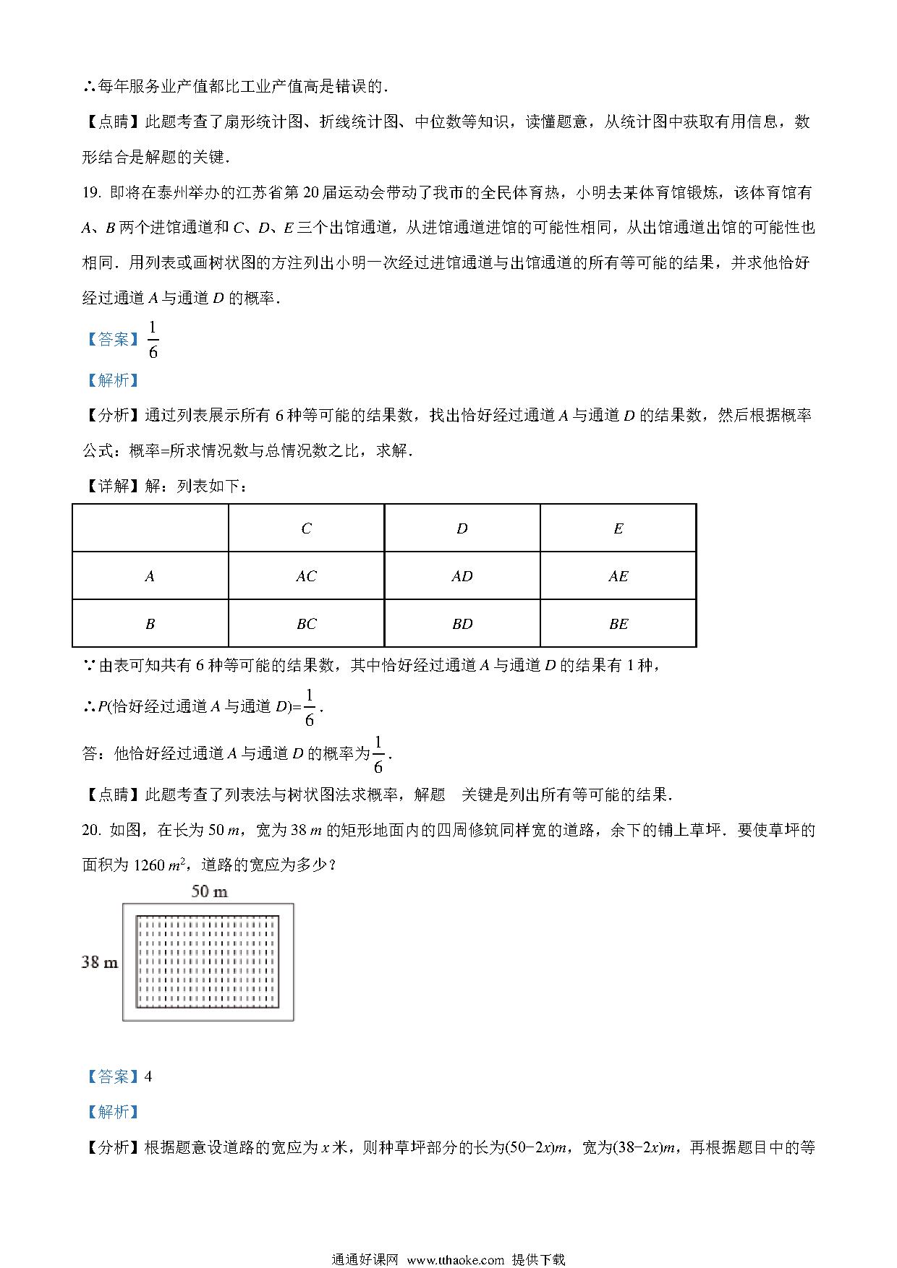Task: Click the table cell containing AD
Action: click(x=462, y=576)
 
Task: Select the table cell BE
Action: click(x=618, y=624)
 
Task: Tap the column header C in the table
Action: click(x=306, y=528)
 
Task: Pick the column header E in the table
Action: click(x=618, y=528)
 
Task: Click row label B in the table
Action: click(x=150, y=624)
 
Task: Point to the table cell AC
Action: click(x=306, y=576)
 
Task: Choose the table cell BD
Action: click(x=462, y=624)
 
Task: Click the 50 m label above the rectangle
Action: click(x=209, y=891)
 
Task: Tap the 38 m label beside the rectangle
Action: click(x=100, y=962)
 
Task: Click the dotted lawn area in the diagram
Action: click(x=208, y=961)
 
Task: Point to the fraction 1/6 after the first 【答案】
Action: click(x=153, y=340)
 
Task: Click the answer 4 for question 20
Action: click(x=148, y=1076)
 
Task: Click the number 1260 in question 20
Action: click(x=150, y=865)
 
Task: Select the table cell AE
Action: click(x=618, y=576)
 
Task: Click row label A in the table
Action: click(x=150, y=576)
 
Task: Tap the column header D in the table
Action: click(x=462, y=528)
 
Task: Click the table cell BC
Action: click(x=306, y=624)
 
